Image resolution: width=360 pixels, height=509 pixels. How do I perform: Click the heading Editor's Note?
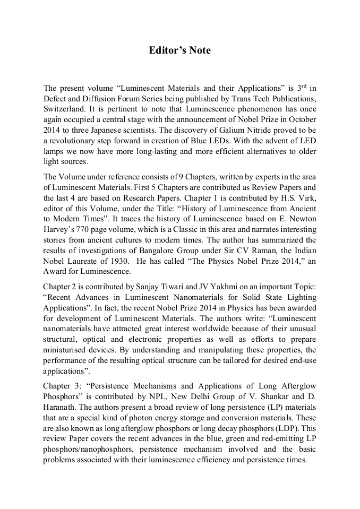point(179,50)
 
